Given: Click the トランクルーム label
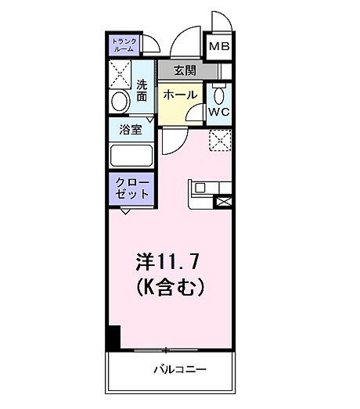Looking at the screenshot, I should coord(124,45).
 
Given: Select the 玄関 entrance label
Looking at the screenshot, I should coord(185,70).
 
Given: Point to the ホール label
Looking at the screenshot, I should coord(180,93).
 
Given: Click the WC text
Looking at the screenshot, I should coord(219,111).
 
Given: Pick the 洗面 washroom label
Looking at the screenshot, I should coord(142,90).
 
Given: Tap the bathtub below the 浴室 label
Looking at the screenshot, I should coord(131,155).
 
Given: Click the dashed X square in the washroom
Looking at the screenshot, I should coord(121,74).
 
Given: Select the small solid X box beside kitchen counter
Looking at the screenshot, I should coord(224,201).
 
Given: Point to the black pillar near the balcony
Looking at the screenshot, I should coord(113,337).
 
